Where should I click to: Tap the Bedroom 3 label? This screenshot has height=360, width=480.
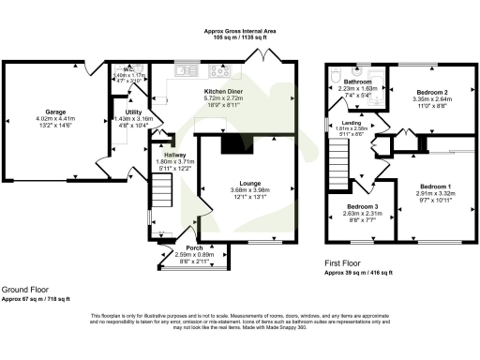click(361, 206)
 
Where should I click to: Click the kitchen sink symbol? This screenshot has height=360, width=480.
click(184, 69)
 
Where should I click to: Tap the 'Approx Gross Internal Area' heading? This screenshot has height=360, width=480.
click(240, 31)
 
